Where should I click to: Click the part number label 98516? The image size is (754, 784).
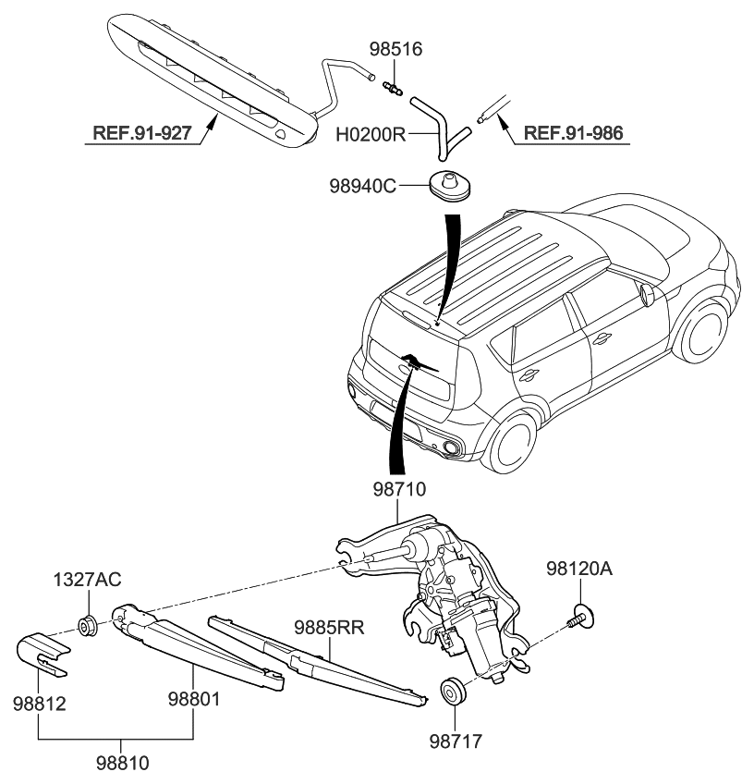click(x=395, y=49)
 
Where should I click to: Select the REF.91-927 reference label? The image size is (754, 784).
click(x=141, y=134)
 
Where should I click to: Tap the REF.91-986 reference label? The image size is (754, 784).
click(x=573, y=134)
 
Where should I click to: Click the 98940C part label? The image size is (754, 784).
click(x=362, y=186)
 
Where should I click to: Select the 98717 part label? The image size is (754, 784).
click(x=453, y=741)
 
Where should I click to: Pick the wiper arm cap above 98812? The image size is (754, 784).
click(x=43, y=650)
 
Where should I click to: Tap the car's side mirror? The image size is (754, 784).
click(x=647, y=295)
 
